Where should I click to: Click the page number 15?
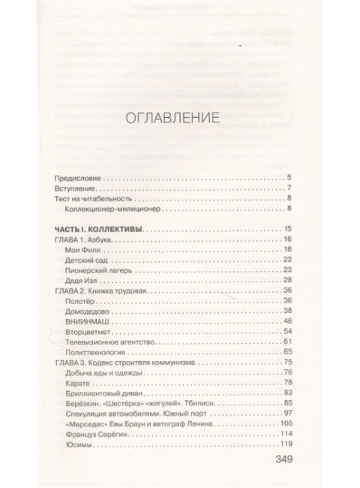point(286,228)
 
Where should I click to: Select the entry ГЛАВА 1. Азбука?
point(88,239)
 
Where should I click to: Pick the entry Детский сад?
point(89,259)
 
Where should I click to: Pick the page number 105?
point(284,423)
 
